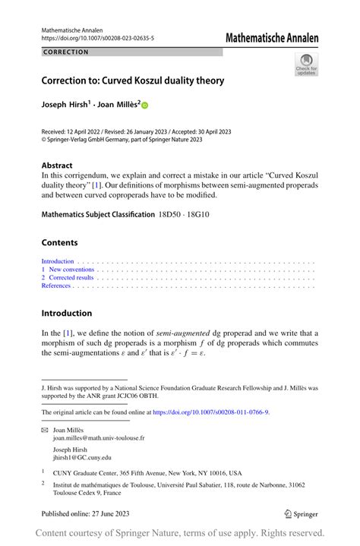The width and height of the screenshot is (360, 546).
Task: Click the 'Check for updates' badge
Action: pyautogui.click(x=306, y=64)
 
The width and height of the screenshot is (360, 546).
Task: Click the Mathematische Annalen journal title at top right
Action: pyautogui.click(x=270, y=37)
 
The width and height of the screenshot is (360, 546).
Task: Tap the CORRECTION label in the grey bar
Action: pyautogui.click(x=66, y=52)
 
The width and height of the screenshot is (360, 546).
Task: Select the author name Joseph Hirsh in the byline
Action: pyautogui.click(x=65, y=106)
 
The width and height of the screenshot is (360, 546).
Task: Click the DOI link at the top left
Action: pyautogui.click(x=97, y=38)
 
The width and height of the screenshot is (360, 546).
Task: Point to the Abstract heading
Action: pyautogui.click(x=57, y=165)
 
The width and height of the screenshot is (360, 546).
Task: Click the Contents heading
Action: pyautogui.click(x=59, y=243)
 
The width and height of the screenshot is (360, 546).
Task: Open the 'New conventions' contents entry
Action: pyautogui.click(x=71, y=270)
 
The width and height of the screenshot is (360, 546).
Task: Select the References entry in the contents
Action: pyautogui.click(x=56, y=286)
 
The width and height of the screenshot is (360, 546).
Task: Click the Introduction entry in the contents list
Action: pyautogui.click(x=58, y=261)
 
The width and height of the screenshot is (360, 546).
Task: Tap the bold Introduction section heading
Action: pyautogui.click(x=67, y=313)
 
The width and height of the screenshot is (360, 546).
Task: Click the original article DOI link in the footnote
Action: pyautogui.click(x=210, y=412)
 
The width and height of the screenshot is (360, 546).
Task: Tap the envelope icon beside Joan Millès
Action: pyautogui.click(x=44, y=430)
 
